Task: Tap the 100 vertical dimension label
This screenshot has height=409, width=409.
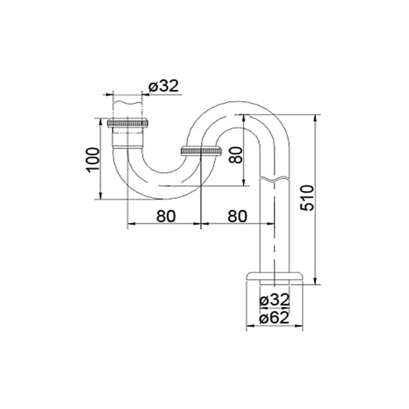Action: (93, 160)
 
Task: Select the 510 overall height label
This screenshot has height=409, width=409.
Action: (307, 198)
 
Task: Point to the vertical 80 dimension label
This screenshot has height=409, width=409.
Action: (236, 155)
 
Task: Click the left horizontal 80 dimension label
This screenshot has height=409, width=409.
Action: (166, 216)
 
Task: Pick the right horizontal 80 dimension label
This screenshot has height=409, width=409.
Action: (237, 216)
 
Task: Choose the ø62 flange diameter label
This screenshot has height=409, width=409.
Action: (275, 317)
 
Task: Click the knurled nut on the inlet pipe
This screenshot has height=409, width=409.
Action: (127, 123)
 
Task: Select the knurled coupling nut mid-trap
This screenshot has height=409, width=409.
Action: (201, 151)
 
